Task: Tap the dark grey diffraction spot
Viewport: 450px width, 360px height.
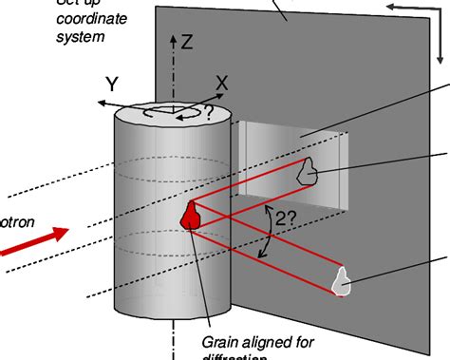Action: tap(307, 172)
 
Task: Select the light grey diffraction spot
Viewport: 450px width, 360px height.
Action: tap(342, 280)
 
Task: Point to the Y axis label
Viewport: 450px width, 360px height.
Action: tap(111, 85)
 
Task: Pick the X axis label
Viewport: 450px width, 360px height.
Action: tap(221, 84)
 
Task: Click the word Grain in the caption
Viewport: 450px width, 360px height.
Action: tap(222, 340)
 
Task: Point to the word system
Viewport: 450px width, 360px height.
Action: tap(81, 38)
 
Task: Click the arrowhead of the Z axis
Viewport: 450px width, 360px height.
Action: tap(172, 40)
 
